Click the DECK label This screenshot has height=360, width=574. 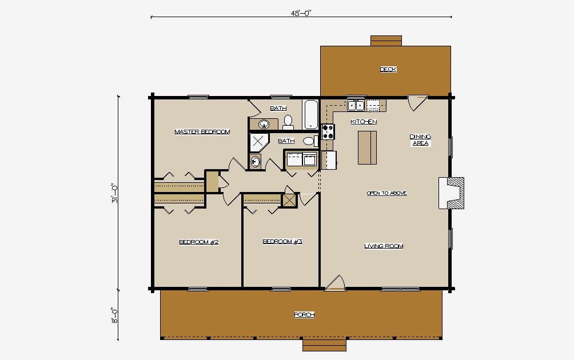tap(388, 69)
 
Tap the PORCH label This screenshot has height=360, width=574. tap(304, 315)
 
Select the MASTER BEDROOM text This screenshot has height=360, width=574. tap(202, 131)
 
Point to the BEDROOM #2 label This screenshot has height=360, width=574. tap(199, 242)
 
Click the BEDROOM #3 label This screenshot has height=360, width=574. tap(282, 242)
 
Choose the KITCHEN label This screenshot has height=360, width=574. tap(364, 122)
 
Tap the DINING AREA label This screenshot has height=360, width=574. tap(420, 140)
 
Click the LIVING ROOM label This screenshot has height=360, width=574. tap(384, 246)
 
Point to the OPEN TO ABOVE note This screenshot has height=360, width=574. tap(386, 193)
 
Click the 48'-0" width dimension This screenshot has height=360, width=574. tap(301, 13)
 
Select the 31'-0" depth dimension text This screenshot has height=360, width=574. tap(114, 195)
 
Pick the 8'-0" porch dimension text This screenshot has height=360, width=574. tap(114, 315)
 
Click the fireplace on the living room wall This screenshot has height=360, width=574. tap(451, 193)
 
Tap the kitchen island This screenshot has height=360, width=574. tap(367, 148)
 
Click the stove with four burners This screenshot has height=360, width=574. tap(328, 131)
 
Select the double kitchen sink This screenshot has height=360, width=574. tap(356, 105)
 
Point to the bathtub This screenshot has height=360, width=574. tap(311, 114)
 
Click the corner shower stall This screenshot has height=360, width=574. tap(259, 142)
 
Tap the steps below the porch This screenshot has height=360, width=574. tap(324, 345)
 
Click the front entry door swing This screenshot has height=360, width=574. tap(336, 283)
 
